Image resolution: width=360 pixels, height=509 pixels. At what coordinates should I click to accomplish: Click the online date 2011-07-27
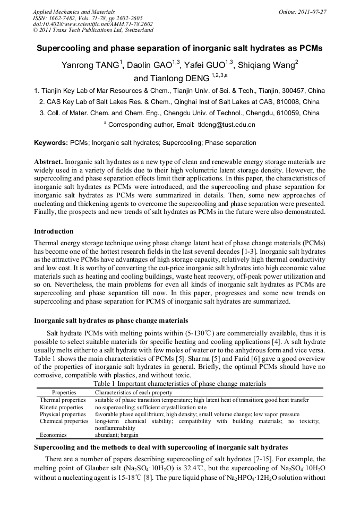coord(312,12)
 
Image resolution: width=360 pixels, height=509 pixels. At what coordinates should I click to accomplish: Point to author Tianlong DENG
coord(178,79)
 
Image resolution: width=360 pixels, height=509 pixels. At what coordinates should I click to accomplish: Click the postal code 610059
coord(308,113)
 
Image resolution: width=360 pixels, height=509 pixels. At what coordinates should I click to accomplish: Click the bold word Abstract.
coord(49,161)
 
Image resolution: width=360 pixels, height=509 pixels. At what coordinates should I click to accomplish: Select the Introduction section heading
coord(54,231)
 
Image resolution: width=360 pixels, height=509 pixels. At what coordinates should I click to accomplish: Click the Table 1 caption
coord(179,383)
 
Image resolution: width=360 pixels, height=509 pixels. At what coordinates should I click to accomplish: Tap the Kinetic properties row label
coord(62,407)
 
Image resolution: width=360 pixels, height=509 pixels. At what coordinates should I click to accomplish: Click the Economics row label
coord(54,434)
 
